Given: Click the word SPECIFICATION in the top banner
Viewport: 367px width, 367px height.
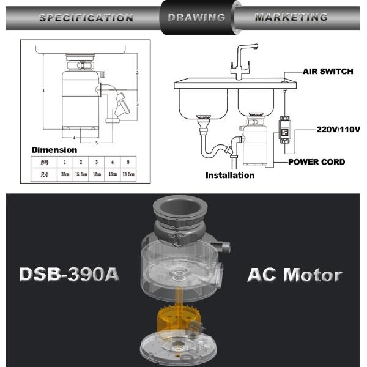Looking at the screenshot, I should coord(86,17).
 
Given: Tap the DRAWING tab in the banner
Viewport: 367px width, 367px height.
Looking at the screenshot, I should coord(196,17).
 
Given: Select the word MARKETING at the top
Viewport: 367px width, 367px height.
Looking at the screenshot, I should coord(291,17).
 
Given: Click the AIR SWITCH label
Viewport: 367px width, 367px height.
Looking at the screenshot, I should coord(328,72).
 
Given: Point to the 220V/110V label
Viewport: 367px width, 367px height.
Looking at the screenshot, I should coord(338,129).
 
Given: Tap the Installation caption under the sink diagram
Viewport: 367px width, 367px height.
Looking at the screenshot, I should coord(230,176).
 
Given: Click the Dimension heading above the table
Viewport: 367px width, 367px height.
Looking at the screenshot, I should coord(54,150).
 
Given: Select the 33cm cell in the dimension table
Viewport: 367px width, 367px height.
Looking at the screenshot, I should coord(65,174).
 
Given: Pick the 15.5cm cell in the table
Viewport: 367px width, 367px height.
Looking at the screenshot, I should coord(81,174).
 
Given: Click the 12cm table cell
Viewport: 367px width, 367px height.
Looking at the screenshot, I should coord(97,174).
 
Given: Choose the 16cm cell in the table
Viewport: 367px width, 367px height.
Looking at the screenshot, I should coord(112,174).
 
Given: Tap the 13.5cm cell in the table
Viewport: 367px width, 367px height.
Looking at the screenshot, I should coord(128,174).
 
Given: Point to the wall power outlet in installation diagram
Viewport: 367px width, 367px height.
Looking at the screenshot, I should coord(284,130).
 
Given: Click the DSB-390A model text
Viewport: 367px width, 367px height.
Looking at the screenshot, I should coord(69,274).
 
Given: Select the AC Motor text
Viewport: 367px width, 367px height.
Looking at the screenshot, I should coord(294,274).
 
